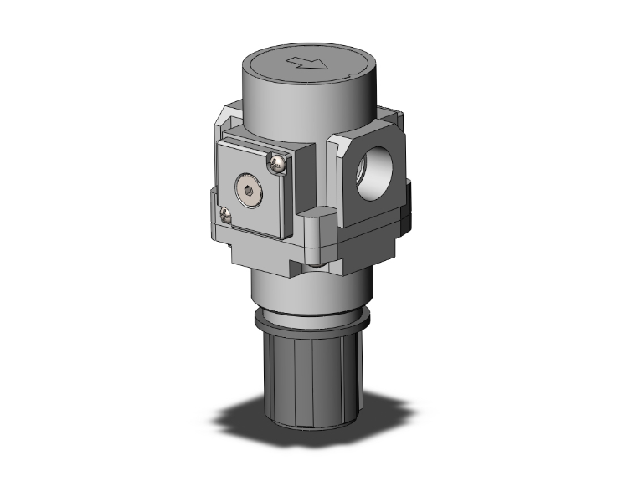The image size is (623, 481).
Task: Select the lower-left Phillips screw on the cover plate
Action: coord(225,216)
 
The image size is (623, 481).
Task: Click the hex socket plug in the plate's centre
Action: coord(252,191)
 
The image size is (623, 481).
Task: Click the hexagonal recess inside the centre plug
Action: coord(252,191)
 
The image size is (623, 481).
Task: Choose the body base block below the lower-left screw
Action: coord(251,247)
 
